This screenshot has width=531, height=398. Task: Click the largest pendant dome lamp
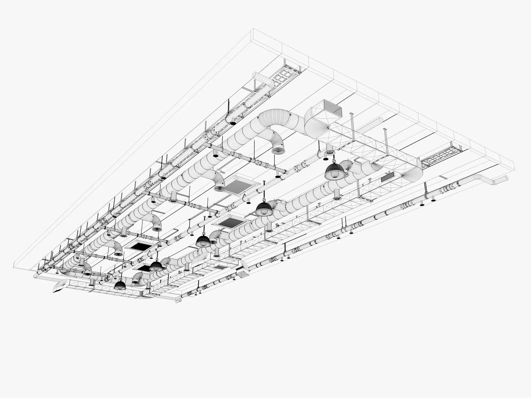(x=335, y=171)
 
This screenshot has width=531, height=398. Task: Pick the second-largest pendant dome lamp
(x=263, y=208)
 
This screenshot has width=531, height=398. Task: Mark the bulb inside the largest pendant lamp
(x=335, y=175)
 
